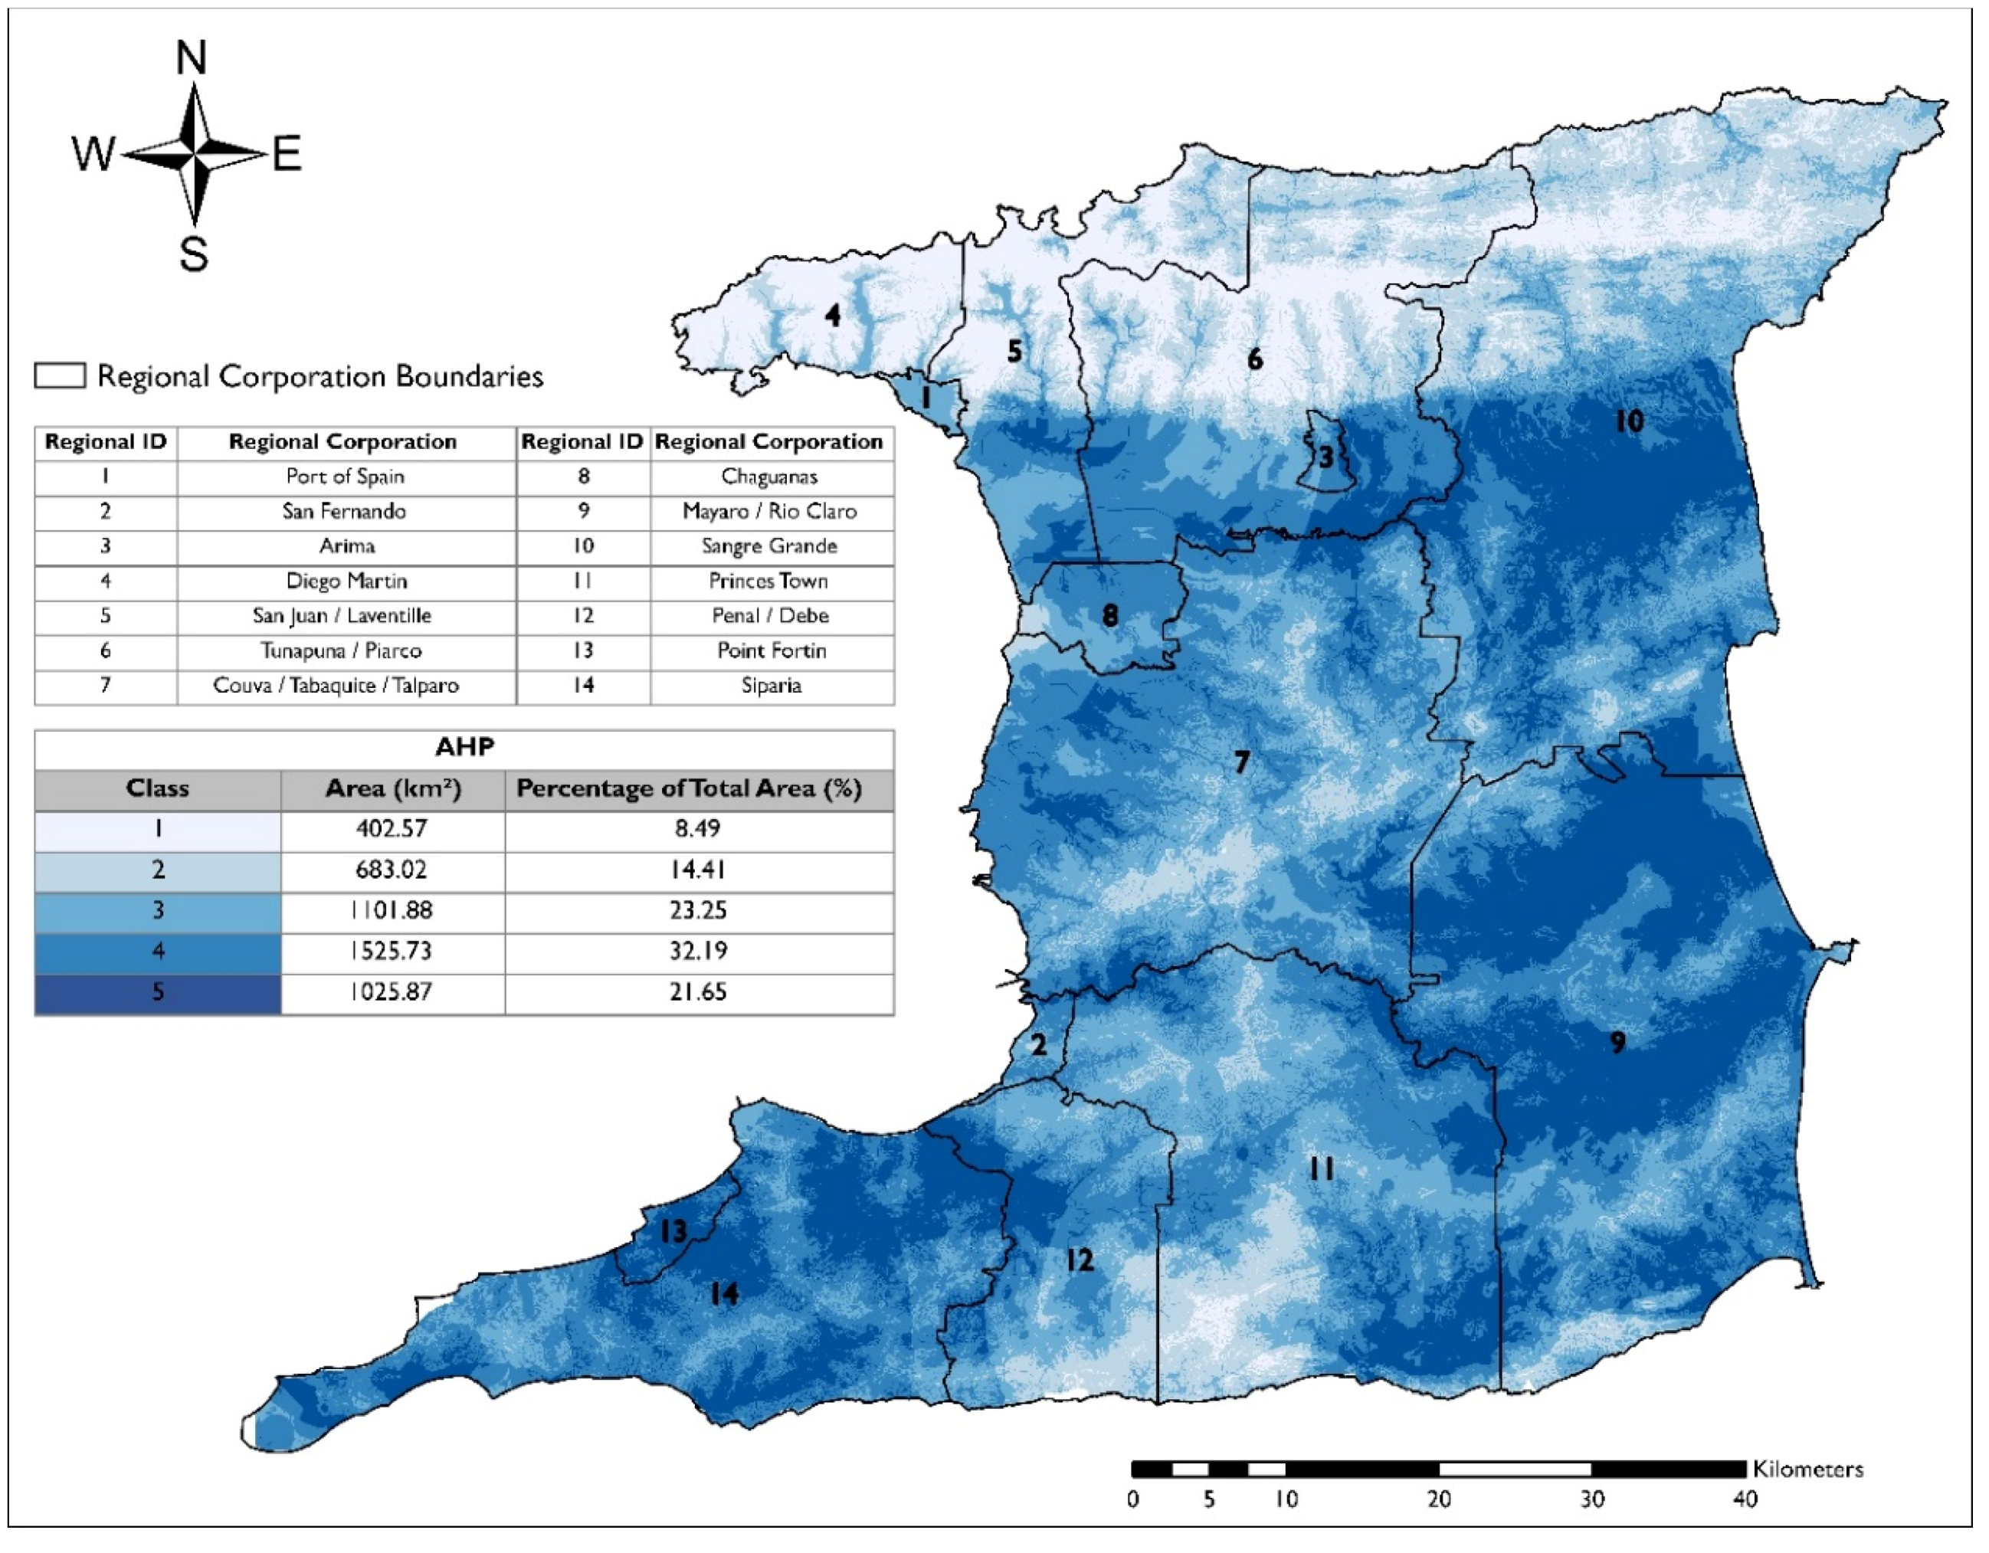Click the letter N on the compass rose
192,58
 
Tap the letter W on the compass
93,154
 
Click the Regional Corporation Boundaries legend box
60,375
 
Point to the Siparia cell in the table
772,685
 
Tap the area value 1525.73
392,951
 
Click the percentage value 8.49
698,828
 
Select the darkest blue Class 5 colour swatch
158,992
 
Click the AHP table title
464,747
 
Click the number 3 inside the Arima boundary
1326,457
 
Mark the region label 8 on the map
1109,616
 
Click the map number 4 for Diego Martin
832,315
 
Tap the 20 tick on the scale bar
1438,1499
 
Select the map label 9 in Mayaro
1617,1042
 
